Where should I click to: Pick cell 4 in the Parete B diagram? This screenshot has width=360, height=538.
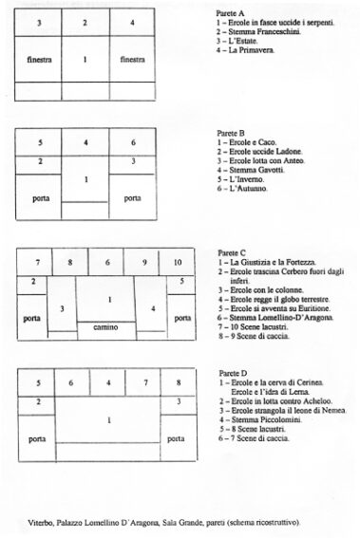point(85,143)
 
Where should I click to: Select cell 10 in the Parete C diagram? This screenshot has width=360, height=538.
point(176,263)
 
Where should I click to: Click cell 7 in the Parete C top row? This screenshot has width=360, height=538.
point(36,263)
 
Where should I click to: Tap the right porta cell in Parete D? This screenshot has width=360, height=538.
point(176,439)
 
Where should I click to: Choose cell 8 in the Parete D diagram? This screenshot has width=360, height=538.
point(176,383)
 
